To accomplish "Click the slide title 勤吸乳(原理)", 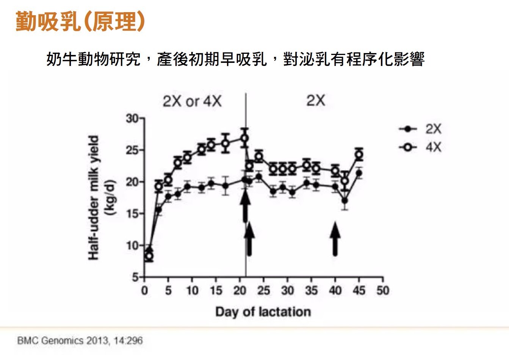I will pyautogui.click(x=80, y=21).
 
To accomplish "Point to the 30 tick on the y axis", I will pyautogui.click(x=132, y=119).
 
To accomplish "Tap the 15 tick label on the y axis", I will pyautogui.click(x=132, y=214).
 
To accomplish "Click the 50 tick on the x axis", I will pyautogui.click(x=383, y=291).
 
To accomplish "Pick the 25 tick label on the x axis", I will pyautogui.click(x=263, y=291).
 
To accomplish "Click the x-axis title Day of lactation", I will pyautogui.click(x=263, y=312).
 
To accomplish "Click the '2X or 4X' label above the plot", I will pyautogui.click(x=192, y=101).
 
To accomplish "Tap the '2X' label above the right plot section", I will pyautogui.click(x=315, y=100).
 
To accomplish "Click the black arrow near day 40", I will pyautogui.click(x=335, y=239).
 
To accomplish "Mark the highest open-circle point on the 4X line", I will pyautogui.click(x=245, y=138).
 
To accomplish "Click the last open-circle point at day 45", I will pyautogui.click(x=359, y=155).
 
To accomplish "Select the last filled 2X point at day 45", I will pyautogui.click(x=359, y=174).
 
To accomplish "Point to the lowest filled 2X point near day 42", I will pyautogui.click(x=345, y=200).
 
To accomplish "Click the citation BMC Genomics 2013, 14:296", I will pyautogui.click(x=80, y=340).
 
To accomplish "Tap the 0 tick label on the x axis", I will pyautogui.click(x=144, y=291).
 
